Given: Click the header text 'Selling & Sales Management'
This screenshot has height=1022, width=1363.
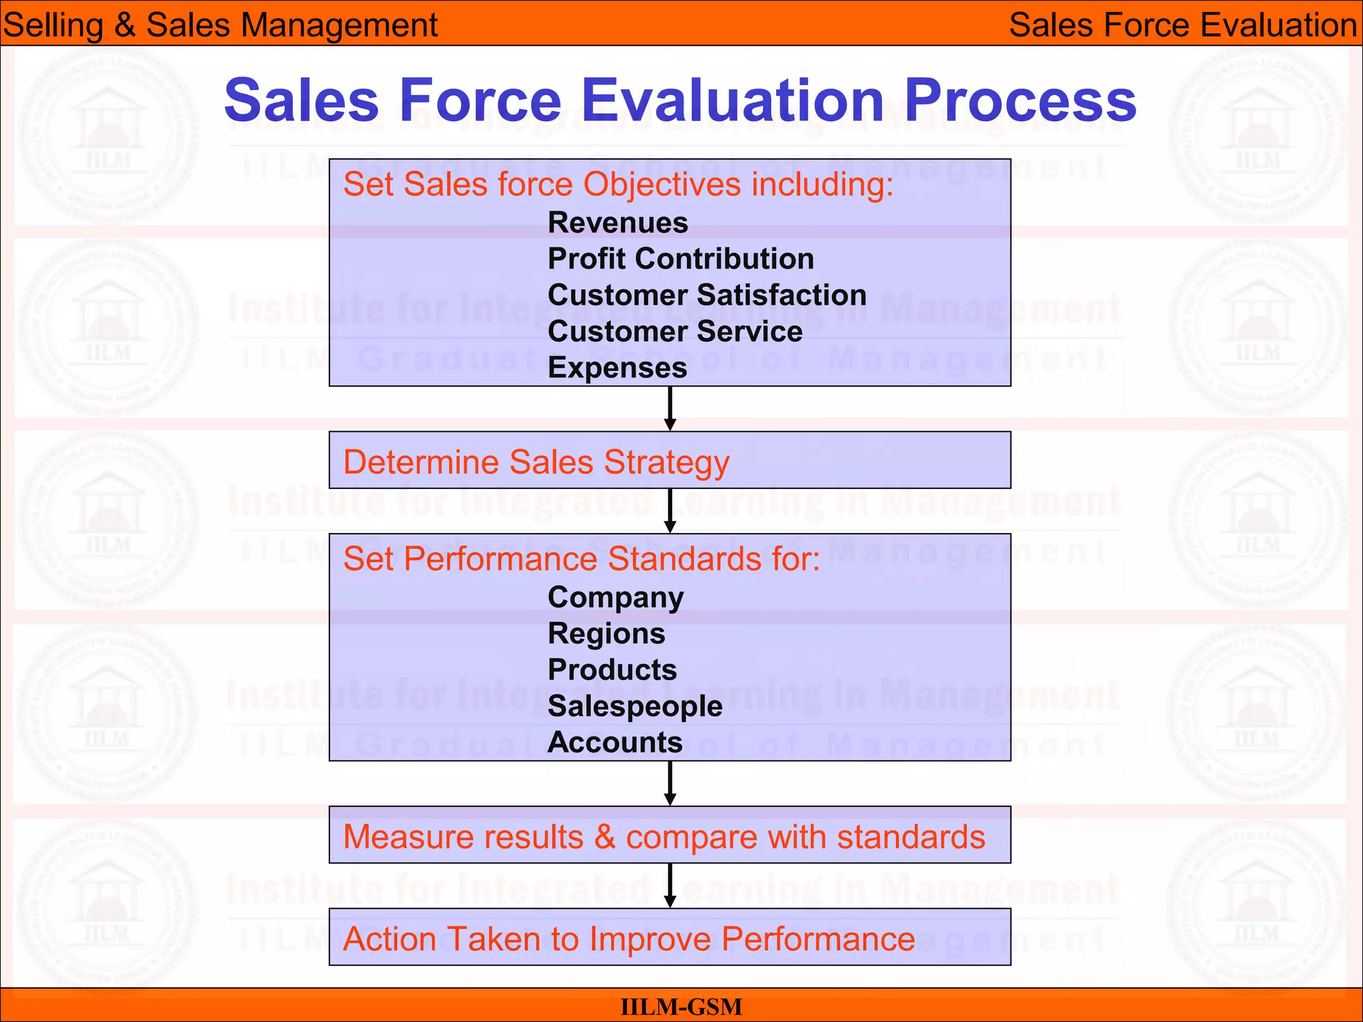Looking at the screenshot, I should click(220, 25).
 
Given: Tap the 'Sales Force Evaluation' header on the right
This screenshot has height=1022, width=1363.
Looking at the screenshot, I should click(1183, 25).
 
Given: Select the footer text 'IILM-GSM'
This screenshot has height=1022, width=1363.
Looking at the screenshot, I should click(681, 1007).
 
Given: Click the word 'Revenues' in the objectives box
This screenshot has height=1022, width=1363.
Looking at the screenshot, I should click(618, 223).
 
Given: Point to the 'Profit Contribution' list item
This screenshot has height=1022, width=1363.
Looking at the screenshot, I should click(680, 259).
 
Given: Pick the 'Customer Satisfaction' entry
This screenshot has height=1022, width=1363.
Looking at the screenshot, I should click(707, 295).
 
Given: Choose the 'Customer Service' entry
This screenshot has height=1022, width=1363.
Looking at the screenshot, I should click(675, 331).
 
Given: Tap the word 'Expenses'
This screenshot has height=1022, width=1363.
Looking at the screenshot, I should click(617, 368).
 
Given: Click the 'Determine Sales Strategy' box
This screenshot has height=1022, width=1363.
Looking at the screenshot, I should click(670, 460).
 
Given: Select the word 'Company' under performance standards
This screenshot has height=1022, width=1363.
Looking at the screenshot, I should click(616, 597).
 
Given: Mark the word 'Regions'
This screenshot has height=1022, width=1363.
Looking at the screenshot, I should click(606, 633).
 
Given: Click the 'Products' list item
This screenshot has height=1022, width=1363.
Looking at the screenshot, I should click(612, 670).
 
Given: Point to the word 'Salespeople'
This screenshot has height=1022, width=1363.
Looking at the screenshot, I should click(635, 706).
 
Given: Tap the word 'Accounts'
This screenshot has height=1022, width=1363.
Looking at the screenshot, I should click(615, 743).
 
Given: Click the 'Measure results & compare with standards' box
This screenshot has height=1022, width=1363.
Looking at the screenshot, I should click(670, 836).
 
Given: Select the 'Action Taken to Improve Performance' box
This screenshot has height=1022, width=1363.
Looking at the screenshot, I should click(670, 938).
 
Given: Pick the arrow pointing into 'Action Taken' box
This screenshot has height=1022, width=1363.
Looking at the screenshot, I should click(670, 886).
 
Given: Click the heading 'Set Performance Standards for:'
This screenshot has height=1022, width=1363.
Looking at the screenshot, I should click(582, 558).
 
